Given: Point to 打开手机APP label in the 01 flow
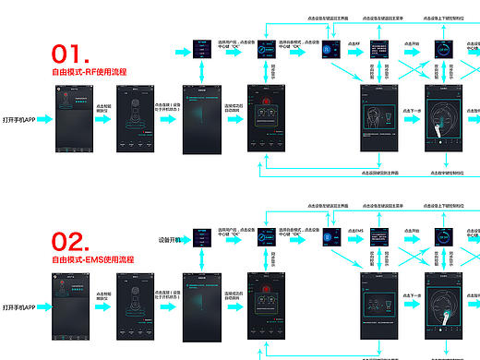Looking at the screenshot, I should (x=18, y=120).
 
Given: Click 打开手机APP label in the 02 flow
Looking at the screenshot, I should (x=18, y=306).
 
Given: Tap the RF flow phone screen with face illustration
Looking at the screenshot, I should (x=380, y=119).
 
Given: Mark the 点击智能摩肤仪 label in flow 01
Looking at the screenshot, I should (x=102, y=109).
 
